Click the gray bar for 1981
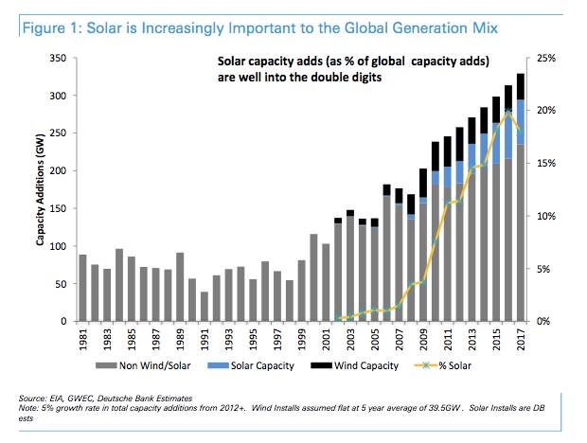[83, 288]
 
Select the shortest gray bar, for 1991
[204, 307]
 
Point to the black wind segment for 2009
[423, 183]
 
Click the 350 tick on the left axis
[56, 59]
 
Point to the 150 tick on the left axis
[56, 209]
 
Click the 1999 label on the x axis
[301, 339]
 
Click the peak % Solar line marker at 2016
[509, 113]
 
